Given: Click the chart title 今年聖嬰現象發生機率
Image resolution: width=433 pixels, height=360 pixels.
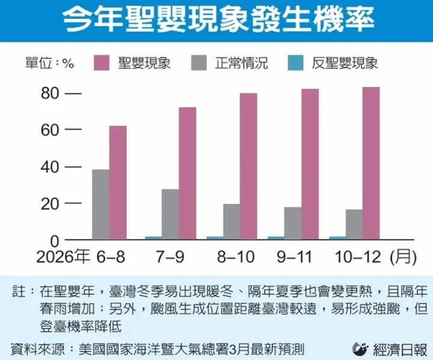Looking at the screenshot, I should click(x=216, y=21).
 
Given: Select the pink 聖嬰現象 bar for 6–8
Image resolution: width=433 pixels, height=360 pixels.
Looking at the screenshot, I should click(x=118, y=183).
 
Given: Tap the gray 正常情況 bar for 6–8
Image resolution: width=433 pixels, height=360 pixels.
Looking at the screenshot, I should click(x=100, y=204).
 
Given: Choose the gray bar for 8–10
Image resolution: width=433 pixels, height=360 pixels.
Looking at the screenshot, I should click(x=232, y=222).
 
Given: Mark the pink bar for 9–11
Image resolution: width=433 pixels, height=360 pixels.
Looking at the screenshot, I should click(x=310, y=164).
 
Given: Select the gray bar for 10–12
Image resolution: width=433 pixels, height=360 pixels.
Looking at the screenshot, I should click(x=354, y=224).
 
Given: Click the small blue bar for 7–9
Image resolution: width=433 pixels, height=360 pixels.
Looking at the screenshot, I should click(x=153, y=238).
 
